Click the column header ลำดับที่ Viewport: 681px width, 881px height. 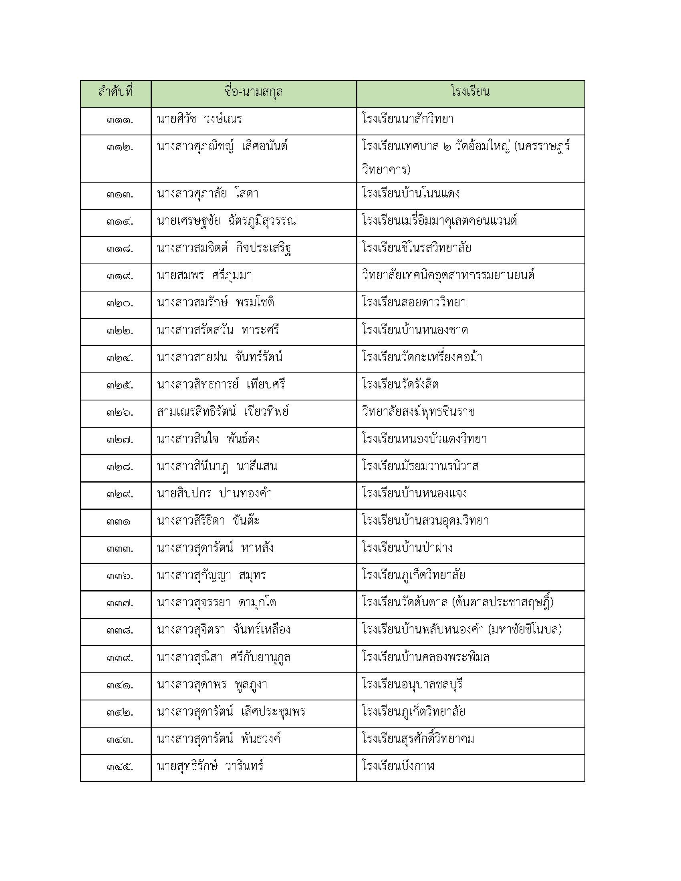[x=115, y=93]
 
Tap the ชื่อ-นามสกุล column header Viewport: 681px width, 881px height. [x=253, y=93]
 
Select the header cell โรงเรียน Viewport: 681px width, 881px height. [x=470, y=93]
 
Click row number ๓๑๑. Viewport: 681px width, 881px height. [x=120, y=120]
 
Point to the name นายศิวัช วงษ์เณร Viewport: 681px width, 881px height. [x=200, y=119]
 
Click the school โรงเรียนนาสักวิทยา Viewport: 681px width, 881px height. [x=408, y=119]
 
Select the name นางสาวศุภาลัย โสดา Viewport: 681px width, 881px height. [x=208, y=194]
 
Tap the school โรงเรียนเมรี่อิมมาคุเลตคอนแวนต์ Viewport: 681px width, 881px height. [x=440, y=221]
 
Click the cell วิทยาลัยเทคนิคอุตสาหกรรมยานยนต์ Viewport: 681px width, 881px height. [x=448, y=276]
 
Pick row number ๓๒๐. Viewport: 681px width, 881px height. [x=120, y=304]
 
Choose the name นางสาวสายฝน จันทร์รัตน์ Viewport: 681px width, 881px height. [x=220, y=358]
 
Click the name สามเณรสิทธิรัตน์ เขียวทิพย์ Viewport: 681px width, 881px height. [x=223, y=412]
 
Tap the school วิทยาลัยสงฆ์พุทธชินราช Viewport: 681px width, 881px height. [x=418, y=412]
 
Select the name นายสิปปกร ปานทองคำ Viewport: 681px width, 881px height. [x=214, y=494]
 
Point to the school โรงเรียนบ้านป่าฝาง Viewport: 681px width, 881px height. [x=407, y=549]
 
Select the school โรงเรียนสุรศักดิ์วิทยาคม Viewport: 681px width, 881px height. [x=418, y=740]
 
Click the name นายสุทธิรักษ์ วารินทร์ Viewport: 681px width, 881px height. [x=210, y=767]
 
